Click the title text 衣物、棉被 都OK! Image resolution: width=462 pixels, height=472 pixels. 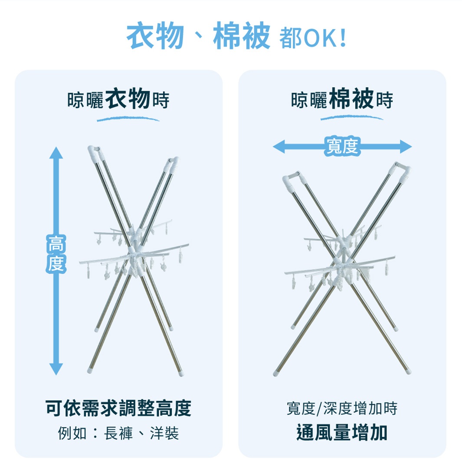coord(236,37)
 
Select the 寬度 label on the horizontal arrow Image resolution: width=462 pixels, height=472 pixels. coord(342,147)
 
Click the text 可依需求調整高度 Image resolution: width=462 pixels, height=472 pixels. coord(118,408)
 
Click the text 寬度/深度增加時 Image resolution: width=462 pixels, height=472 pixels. coord(342,408)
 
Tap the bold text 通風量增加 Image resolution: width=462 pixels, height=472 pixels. coord(342,433)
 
